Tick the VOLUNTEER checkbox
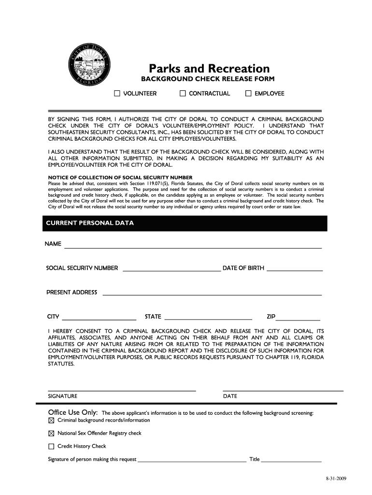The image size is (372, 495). pos(117,93)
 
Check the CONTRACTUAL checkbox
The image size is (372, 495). pos(183,93)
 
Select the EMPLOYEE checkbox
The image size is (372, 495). pos(248,93)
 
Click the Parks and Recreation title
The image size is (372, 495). pos(209,69)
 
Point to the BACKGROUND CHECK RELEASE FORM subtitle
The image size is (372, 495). pos(207,79)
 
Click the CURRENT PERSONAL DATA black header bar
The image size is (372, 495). pos(183,223)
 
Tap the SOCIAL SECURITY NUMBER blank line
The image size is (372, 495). pos(172,270)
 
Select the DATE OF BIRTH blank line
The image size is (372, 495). pos(295,270)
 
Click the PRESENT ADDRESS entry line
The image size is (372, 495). pos(212,294)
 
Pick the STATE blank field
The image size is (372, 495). pos(208,319)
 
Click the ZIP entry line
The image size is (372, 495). pos(298,319)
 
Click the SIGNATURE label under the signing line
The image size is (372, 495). pos(62,396)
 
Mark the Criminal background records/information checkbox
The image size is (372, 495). pos(51,421)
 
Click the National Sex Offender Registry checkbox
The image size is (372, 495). pos(51,434)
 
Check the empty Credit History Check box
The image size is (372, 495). pos(51,447)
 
